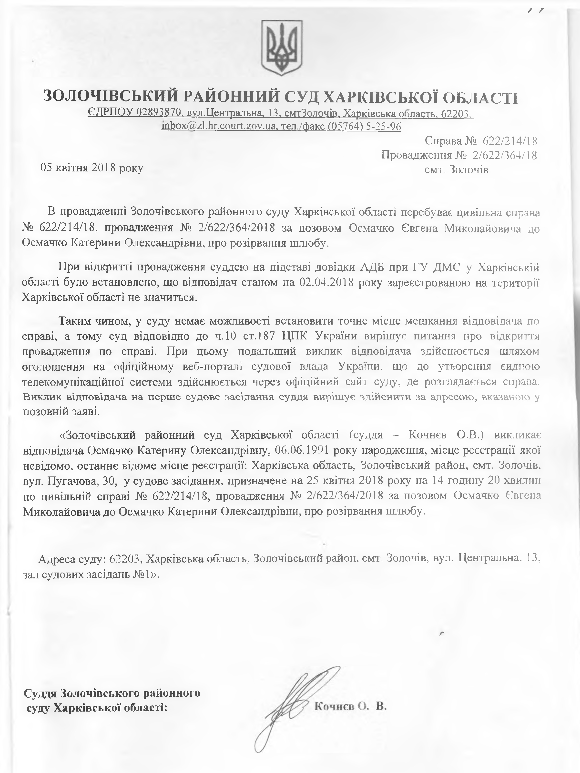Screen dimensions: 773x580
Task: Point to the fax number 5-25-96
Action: click(x=383, y=126)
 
